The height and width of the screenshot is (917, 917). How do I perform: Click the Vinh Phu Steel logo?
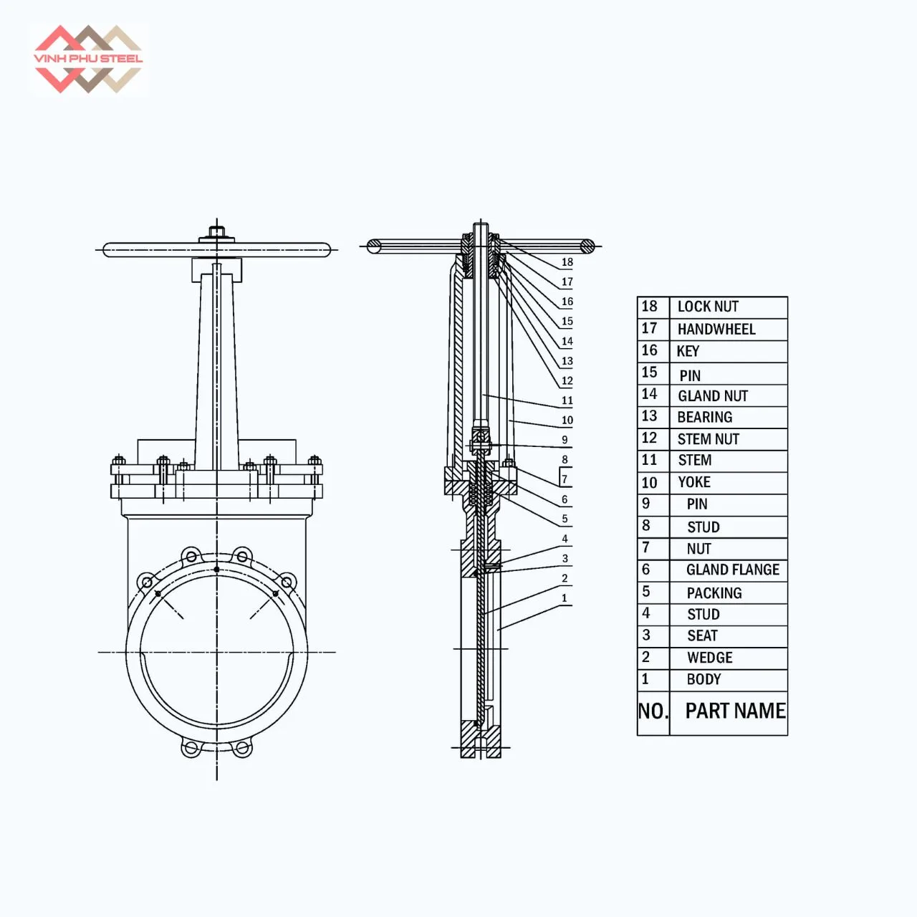(x=88, y=59)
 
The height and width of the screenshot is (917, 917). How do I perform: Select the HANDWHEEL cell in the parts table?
(x=716, y=330)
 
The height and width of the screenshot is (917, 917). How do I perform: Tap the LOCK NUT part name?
(x=708, y=307)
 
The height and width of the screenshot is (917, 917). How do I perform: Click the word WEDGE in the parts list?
(x=709, y=658)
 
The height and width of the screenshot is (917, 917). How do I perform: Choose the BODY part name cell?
(x=704, y=679)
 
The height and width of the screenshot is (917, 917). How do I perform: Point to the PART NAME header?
(x=735, y=711)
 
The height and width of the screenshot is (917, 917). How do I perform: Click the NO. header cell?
(x=653, y=711)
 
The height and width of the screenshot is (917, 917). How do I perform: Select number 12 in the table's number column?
(x=649, y=438)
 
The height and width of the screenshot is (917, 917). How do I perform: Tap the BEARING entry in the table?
(x=705, y=417)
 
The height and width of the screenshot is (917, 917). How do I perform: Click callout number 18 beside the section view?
(x=567, y=262)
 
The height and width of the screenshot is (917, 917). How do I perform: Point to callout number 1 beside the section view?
(x=565, y=598)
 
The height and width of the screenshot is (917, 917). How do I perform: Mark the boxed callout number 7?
(x=565, y=479)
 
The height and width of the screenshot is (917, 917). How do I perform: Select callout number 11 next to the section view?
(x=567, y=400)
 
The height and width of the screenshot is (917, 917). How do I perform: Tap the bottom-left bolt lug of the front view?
(x=190, y=749)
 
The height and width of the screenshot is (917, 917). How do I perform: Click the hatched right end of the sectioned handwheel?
(x=587, y=246)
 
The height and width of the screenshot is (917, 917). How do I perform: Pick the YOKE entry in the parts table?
(x=694, y=482)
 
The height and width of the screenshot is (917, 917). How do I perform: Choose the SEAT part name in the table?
(x=702, y=635)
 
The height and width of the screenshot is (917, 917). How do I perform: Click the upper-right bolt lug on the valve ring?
(x=287, y=581)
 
